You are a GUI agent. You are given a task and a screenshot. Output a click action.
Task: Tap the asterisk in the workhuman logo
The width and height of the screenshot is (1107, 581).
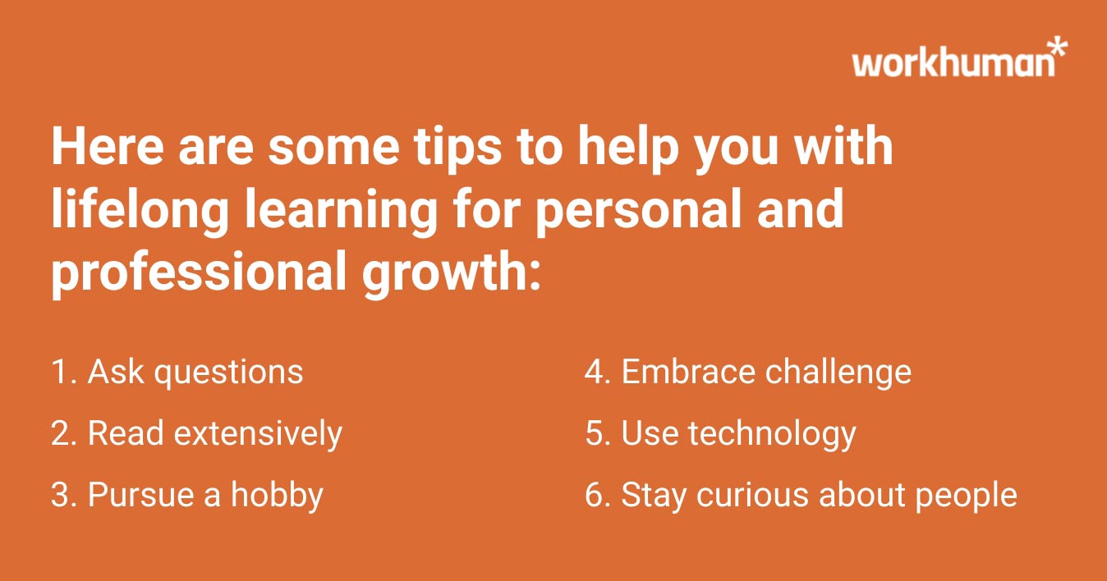(x=1059, y=47)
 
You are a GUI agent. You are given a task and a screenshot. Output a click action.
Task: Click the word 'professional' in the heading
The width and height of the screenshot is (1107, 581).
(x=198, y=273)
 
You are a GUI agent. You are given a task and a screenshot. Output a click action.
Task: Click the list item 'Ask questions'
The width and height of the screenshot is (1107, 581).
(x=177, y=372)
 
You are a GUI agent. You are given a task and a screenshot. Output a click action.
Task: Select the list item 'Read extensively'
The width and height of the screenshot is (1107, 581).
(x=196, y=433)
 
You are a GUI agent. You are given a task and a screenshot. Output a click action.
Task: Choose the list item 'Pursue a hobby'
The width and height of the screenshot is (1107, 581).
(x=187, y=495)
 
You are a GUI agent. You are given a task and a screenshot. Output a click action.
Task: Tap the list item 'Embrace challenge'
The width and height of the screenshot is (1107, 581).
(x=748, y=372)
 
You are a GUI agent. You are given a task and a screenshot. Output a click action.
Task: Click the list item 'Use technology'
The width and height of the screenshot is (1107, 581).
(x=720, y=433)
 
